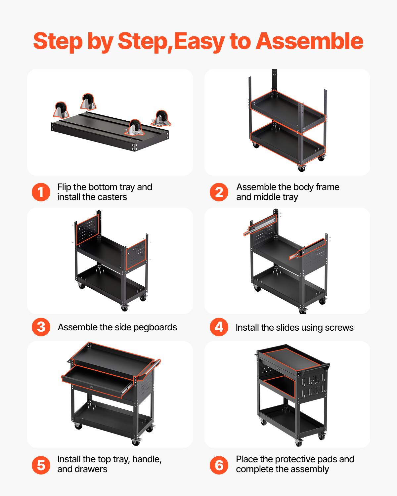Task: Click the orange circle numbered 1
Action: [41, 192]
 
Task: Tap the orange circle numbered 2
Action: [219, 192]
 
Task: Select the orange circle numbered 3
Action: [41, 327]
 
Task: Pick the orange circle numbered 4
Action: [219, 327]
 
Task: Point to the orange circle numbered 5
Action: [41, 465]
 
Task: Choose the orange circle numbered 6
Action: [219, 465]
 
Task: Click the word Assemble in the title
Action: [310, 41]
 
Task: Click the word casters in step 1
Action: [110, 197]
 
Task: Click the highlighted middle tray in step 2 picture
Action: [288, 110]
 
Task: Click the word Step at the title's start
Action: [58, 41]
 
